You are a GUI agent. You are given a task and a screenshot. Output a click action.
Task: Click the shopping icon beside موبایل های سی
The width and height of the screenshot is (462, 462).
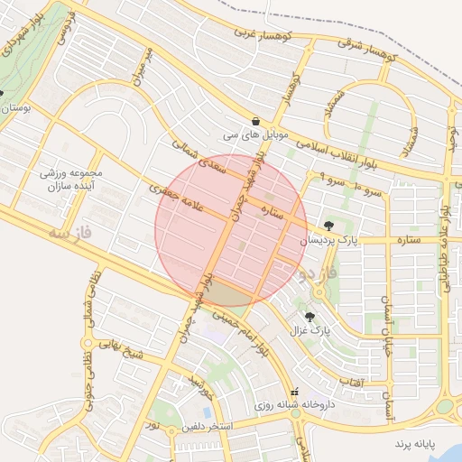(257, 121)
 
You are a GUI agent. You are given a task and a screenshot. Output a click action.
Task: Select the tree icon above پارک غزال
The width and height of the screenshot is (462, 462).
(311, 317)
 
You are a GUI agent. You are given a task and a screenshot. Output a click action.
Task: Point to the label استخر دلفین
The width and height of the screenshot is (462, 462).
(208, 425)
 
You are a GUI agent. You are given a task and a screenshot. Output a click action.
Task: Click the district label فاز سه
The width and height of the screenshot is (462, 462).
(71, 234)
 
